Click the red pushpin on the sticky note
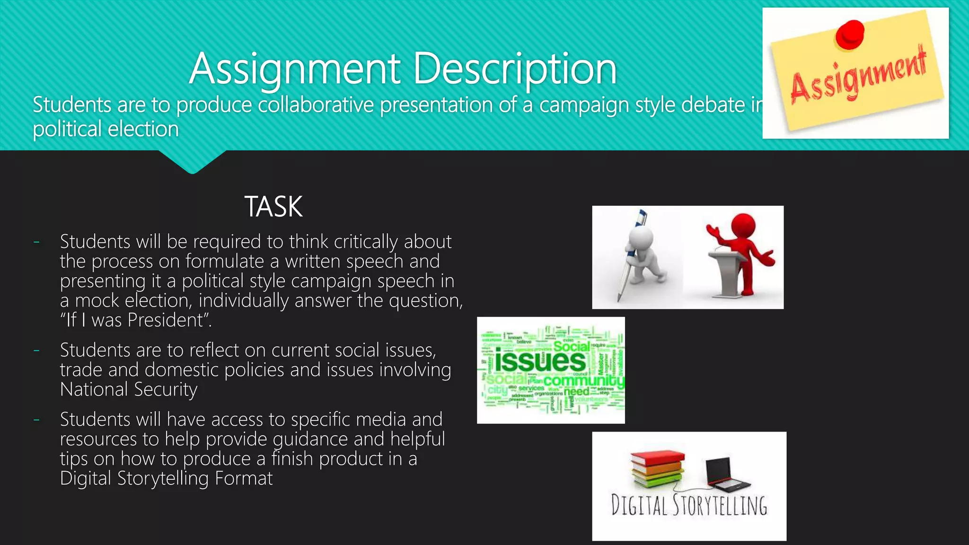850,34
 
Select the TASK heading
273,207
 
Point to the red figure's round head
743,225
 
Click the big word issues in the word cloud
540,361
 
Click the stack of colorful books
658,468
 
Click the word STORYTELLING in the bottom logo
720,505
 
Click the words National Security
129,389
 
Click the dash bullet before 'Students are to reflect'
36,351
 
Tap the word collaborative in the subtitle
316,105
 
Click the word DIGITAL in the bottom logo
639,505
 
